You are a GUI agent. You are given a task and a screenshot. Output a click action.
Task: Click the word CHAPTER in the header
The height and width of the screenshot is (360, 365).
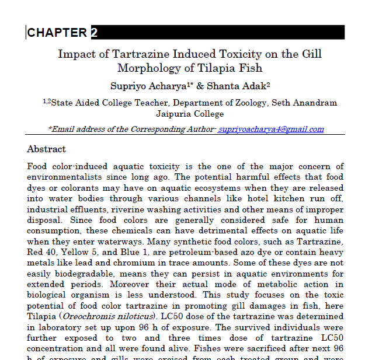[x=57, y=33]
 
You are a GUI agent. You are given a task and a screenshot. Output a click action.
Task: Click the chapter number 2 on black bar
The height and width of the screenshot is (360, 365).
[x=94, y=33]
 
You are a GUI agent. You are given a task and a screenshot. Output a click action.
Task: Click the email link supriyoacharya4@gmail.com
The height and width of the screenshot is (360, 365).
[x=271, y=130]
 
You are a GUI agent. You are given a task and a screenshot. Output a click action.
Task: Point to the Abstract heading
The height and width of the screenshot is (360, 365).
[x=47, y=149]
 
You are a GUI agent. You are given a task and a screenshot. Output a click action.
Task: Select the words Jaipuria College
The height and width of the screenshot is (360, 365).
[x=190, y=114]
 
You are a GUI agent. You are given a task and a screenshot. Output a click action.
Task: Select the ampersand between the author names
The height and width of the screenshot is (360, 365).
[x=200, y=86]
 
